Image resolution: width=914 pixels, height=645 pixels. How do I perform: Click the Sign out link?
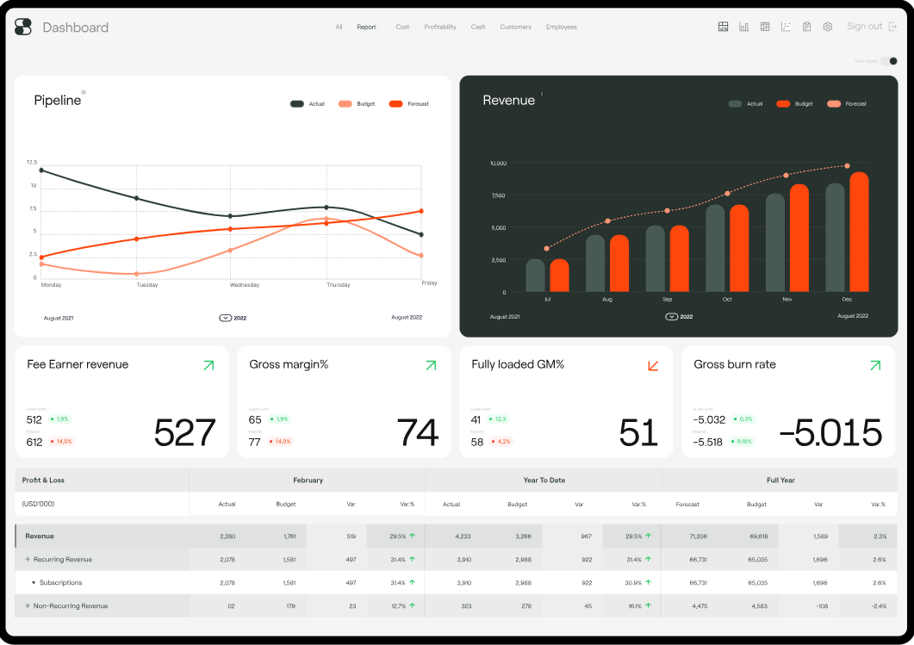865,27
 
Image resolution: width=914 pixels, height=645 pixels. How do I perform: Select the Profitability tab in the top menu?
440,28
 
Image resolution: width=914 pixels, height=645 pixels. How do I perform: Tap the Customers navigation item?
515,28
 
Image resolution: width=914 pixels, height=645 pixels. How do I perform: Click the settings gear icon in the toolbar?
828,27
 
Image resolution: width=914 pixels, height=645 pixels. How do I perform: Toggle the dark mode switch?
889,61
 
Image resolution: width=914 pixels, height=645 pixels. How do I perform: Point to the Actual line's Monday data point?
41,171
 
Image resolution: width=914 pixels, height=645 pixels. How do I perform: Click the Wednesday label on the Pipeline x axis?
245,284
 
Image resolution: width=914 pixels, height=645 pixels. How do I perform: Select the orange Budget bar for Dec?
859,233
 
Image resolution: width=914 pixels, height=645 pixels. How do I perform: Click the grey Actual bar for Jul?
536,276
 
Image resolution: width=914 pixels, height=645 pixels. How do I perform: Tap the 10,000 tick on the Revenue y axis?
498,163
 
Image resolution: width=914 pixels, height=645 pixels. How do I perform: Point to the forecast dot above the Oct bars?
727,194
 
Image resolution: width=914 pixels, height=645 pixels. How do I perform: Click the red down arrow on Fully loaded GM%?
653,366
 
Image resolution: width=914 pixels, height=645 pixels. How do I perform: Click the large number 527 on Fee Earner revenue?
184,432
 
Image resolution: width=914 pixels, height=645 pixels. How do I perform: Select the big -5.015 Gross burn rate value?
830,432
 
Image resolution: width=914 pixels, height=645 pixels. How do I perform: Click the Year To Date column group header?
544,480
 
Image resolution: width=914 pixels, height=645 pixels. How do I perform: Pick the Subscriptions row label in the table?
61,583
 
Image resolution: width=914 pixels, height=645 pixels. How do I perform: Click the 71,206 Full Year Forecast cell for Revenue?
698,536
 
